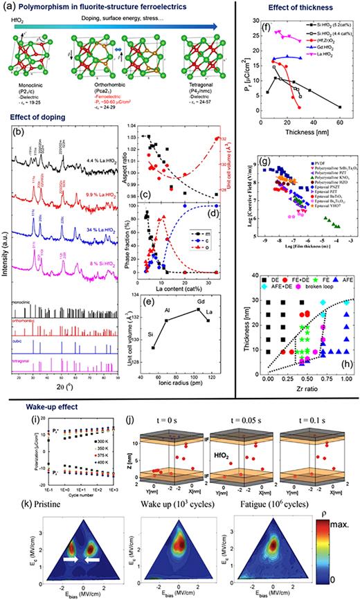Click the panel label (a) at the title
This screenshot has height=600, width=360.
tap(9, 6)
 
